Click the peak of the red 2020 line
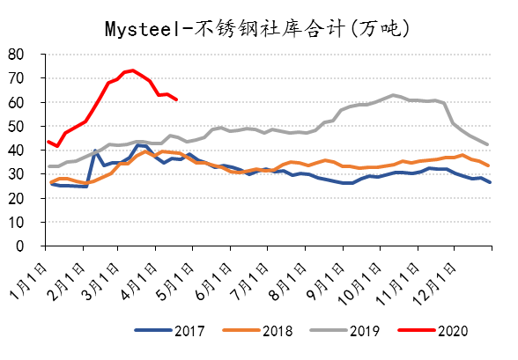(131, 70)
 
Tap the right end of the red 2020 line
(177, 99)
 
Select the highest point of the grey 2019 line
(393, 94)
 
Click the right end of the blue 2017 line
(490, 182)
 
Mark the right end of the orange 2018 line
(490, 165)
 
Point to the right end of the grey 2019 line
(490, 144)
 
